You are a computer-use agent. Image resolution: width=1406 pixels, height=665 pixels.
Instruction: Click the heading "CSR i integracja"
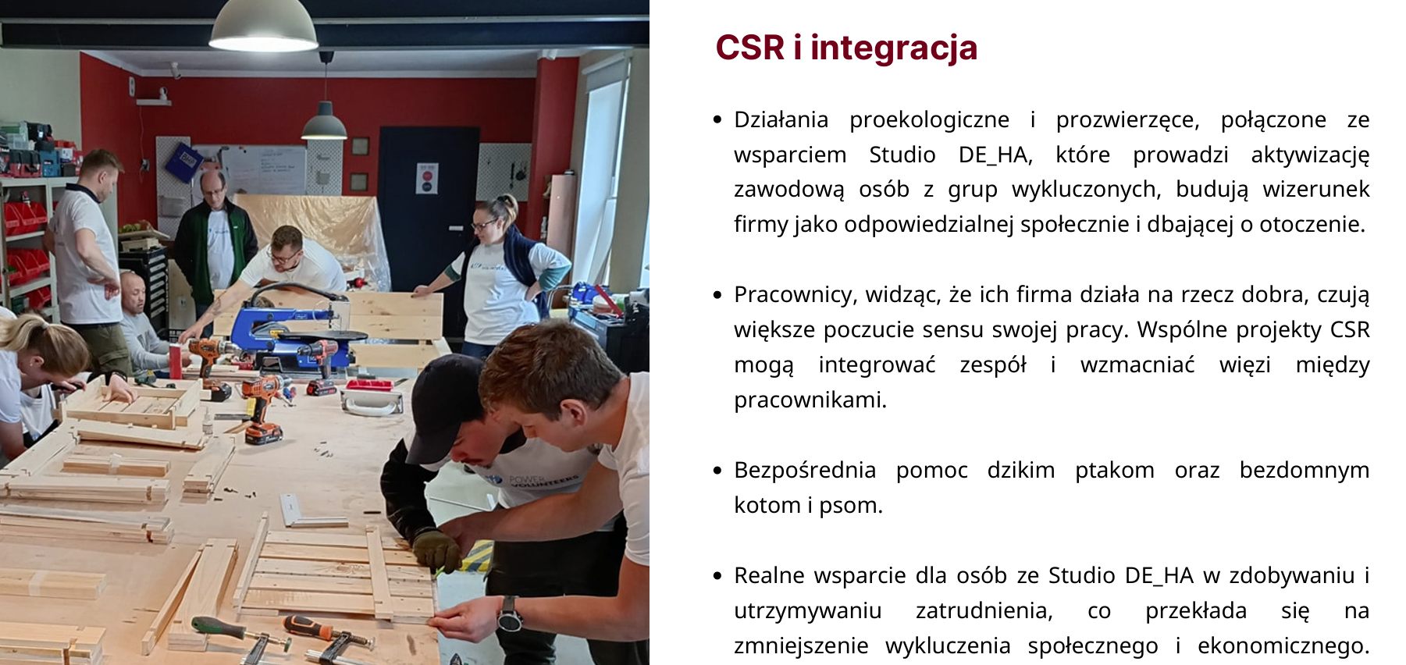846,47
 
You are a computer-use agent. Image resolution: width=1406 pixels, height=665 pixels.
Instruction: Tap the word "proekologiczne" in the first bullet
929,119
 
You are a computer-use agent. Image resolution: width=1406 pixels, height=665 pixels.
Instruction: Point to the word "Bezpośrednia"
805,470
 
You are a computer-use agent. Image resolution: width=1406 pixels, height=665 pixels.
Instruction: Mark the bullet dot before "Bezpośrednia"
717,471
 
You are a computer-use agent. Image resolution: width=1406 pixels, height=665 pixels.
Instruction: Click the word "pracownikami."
810,400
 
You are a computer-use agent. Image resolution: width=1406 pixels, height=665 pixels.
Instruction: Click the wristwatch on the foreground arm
509,614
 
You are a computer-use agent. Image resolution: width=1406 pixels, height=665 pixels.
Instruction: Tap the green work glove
437,549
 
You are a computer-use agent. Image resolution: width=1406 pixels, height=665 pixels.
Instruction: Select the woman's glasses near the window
484,226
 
